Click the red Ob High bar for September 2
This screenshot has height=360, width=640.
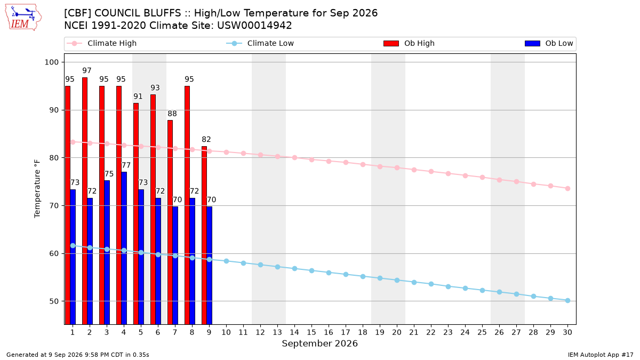coord(85,201)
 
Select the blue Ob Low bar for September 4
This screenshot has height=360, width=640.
coord(124,249)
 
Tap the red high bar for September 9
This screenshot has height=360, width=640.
coord(204,235)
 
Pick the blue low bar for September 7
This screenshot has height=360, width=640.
coord(175,266)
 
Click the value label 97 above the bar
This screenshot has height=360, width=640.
coord(87,70)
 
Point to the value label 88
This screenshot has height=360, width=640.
coord(172,114)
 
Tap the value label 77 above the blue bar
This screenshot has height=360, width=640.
coord(126,165)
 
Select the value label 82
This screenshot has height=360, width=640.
coord(206,139)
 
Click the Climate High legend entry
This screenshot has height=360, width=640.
coord(101,43)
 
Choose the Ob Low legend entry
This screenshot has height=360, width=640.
coord(549,43)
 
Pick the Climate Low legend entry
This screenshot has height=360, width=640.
coord(260,43)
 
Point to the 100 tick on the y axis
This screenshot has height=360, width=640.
coord(51,62)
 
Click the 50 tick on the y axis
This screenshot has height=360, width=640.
coord(54,301)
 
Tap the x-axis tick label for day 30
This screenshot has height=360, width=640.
coord(567,332)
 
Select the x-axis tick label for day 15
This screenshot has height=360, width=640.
coord(311,332)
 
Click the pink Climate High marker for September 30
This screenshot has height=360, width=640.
coord(567,189)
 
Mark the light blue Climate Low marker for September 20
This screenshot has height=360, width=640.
coord(397,281)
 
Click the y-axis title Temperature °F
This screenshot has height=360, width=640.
coord(37,189)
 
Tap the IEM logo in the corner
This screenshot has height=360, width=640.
coord(23,18)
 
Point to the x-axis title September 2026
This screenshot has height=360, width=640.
coord(319,343)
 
